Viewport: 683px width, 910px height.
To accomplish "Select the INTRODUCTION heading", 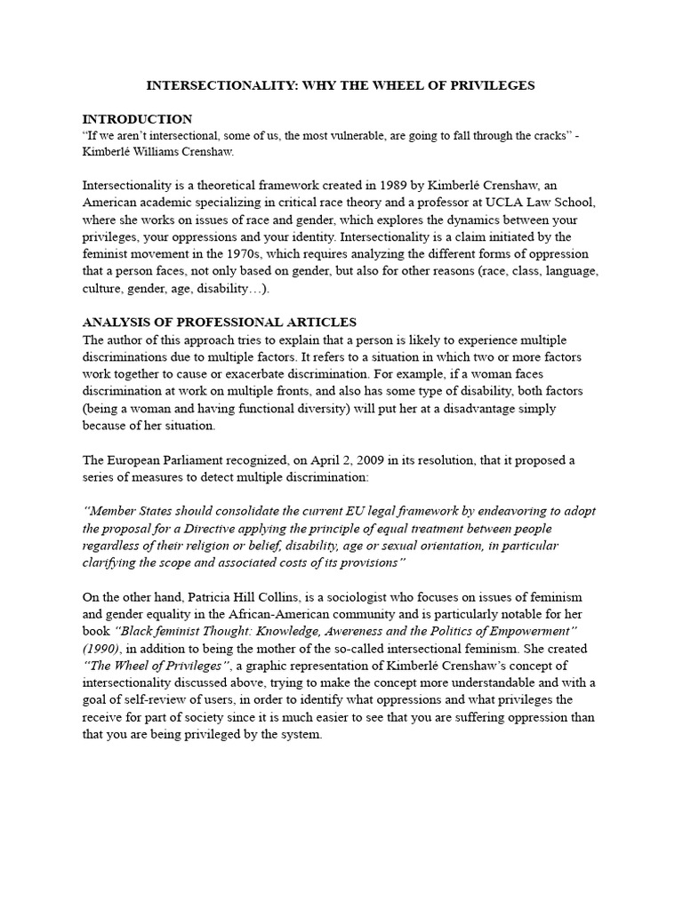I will (x=137, y=118).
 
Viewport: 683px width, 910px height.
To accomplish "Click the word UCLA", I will (x=475, y=203).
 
